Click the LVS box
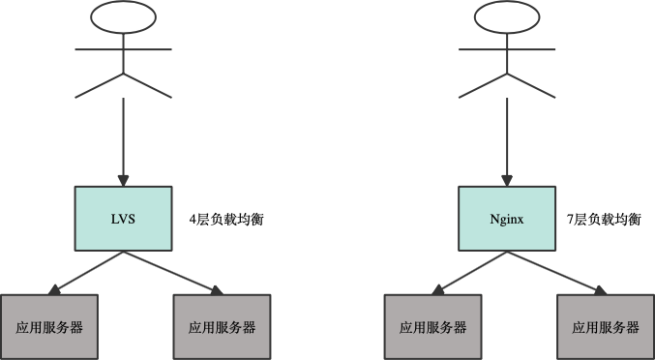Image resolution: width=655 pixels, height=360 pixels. click(x=123, y=219)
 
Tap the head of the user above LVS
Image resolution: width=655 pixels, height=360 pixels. click(x=123, y=17)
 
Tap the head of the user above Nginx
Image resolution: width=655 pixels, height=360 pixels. click(x=506, y=17)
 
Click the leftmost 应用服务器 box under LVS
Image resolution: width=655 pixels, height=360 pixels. click(x=48, y=326)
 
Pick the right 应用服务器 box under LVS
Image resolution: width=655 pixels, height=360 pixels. click(x=222, y=326)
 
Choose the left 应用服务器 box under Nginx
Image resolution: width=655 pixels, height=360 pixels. click(x=432, y=326)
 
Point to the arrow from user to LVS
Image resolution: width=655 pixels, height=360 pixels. click(x=123, y=135)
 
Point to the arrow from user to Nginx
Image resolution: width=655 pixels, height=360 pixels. click(x=506, y=135)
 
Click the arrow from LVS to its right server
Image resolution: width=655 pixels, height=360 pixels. click(x=170, y=271)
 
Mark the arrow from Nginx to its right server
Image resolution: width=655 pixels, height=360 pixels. click(x=554, y=271)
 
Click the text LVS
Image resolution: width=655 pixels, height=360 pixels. click(x=123, y=219)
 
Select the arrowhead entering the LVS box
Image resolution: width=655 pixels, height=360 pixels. click(x=123, y=179)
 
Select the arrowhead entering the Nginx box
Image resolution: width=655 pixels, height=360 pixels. click(x=506, y=179)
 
